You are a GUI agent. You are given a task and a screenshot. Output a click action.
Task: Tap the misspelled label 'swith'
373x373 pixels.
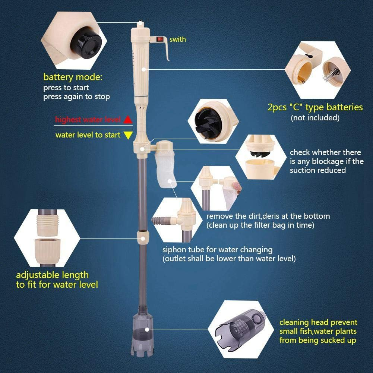pos(177,39)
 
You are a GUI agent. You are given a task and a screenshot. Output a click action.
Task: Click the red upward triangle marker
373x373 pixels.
pos(128,120)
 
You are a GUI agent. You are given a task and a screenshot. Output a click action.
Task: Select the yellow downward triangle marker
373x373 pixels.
pos(128,135)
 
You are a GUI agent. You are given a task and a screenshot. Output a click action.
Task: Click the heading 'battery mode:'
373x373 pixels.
pos(73,78)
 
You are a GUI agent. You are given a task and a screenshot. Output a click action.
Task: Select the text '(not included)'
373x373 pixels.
pos(315,118)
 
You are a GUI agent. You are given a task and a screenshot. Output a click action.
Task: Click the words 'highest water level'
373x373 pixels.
pos(88,120)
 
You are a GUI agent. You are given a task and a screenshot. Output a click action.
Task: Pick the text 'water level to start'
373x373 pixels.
pos(88,135)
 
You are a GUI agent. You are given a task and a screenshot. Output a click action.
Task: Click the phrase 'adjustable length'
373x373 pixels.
pos(52,275)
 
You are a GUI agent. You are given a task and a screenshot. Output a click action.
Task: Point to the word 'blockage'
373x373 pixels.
pos(326,161)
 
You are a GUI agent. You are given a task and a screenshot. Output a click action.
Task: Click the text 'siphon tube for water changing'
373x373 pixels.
pos(217,250)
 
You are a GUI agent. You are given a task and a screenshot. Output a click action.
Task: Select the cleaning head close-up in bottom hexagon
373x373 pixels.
pos(238,326)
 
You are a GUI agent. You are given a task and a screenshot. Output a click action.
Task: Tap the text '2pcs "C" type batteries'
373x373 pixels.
pos(315,107)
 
